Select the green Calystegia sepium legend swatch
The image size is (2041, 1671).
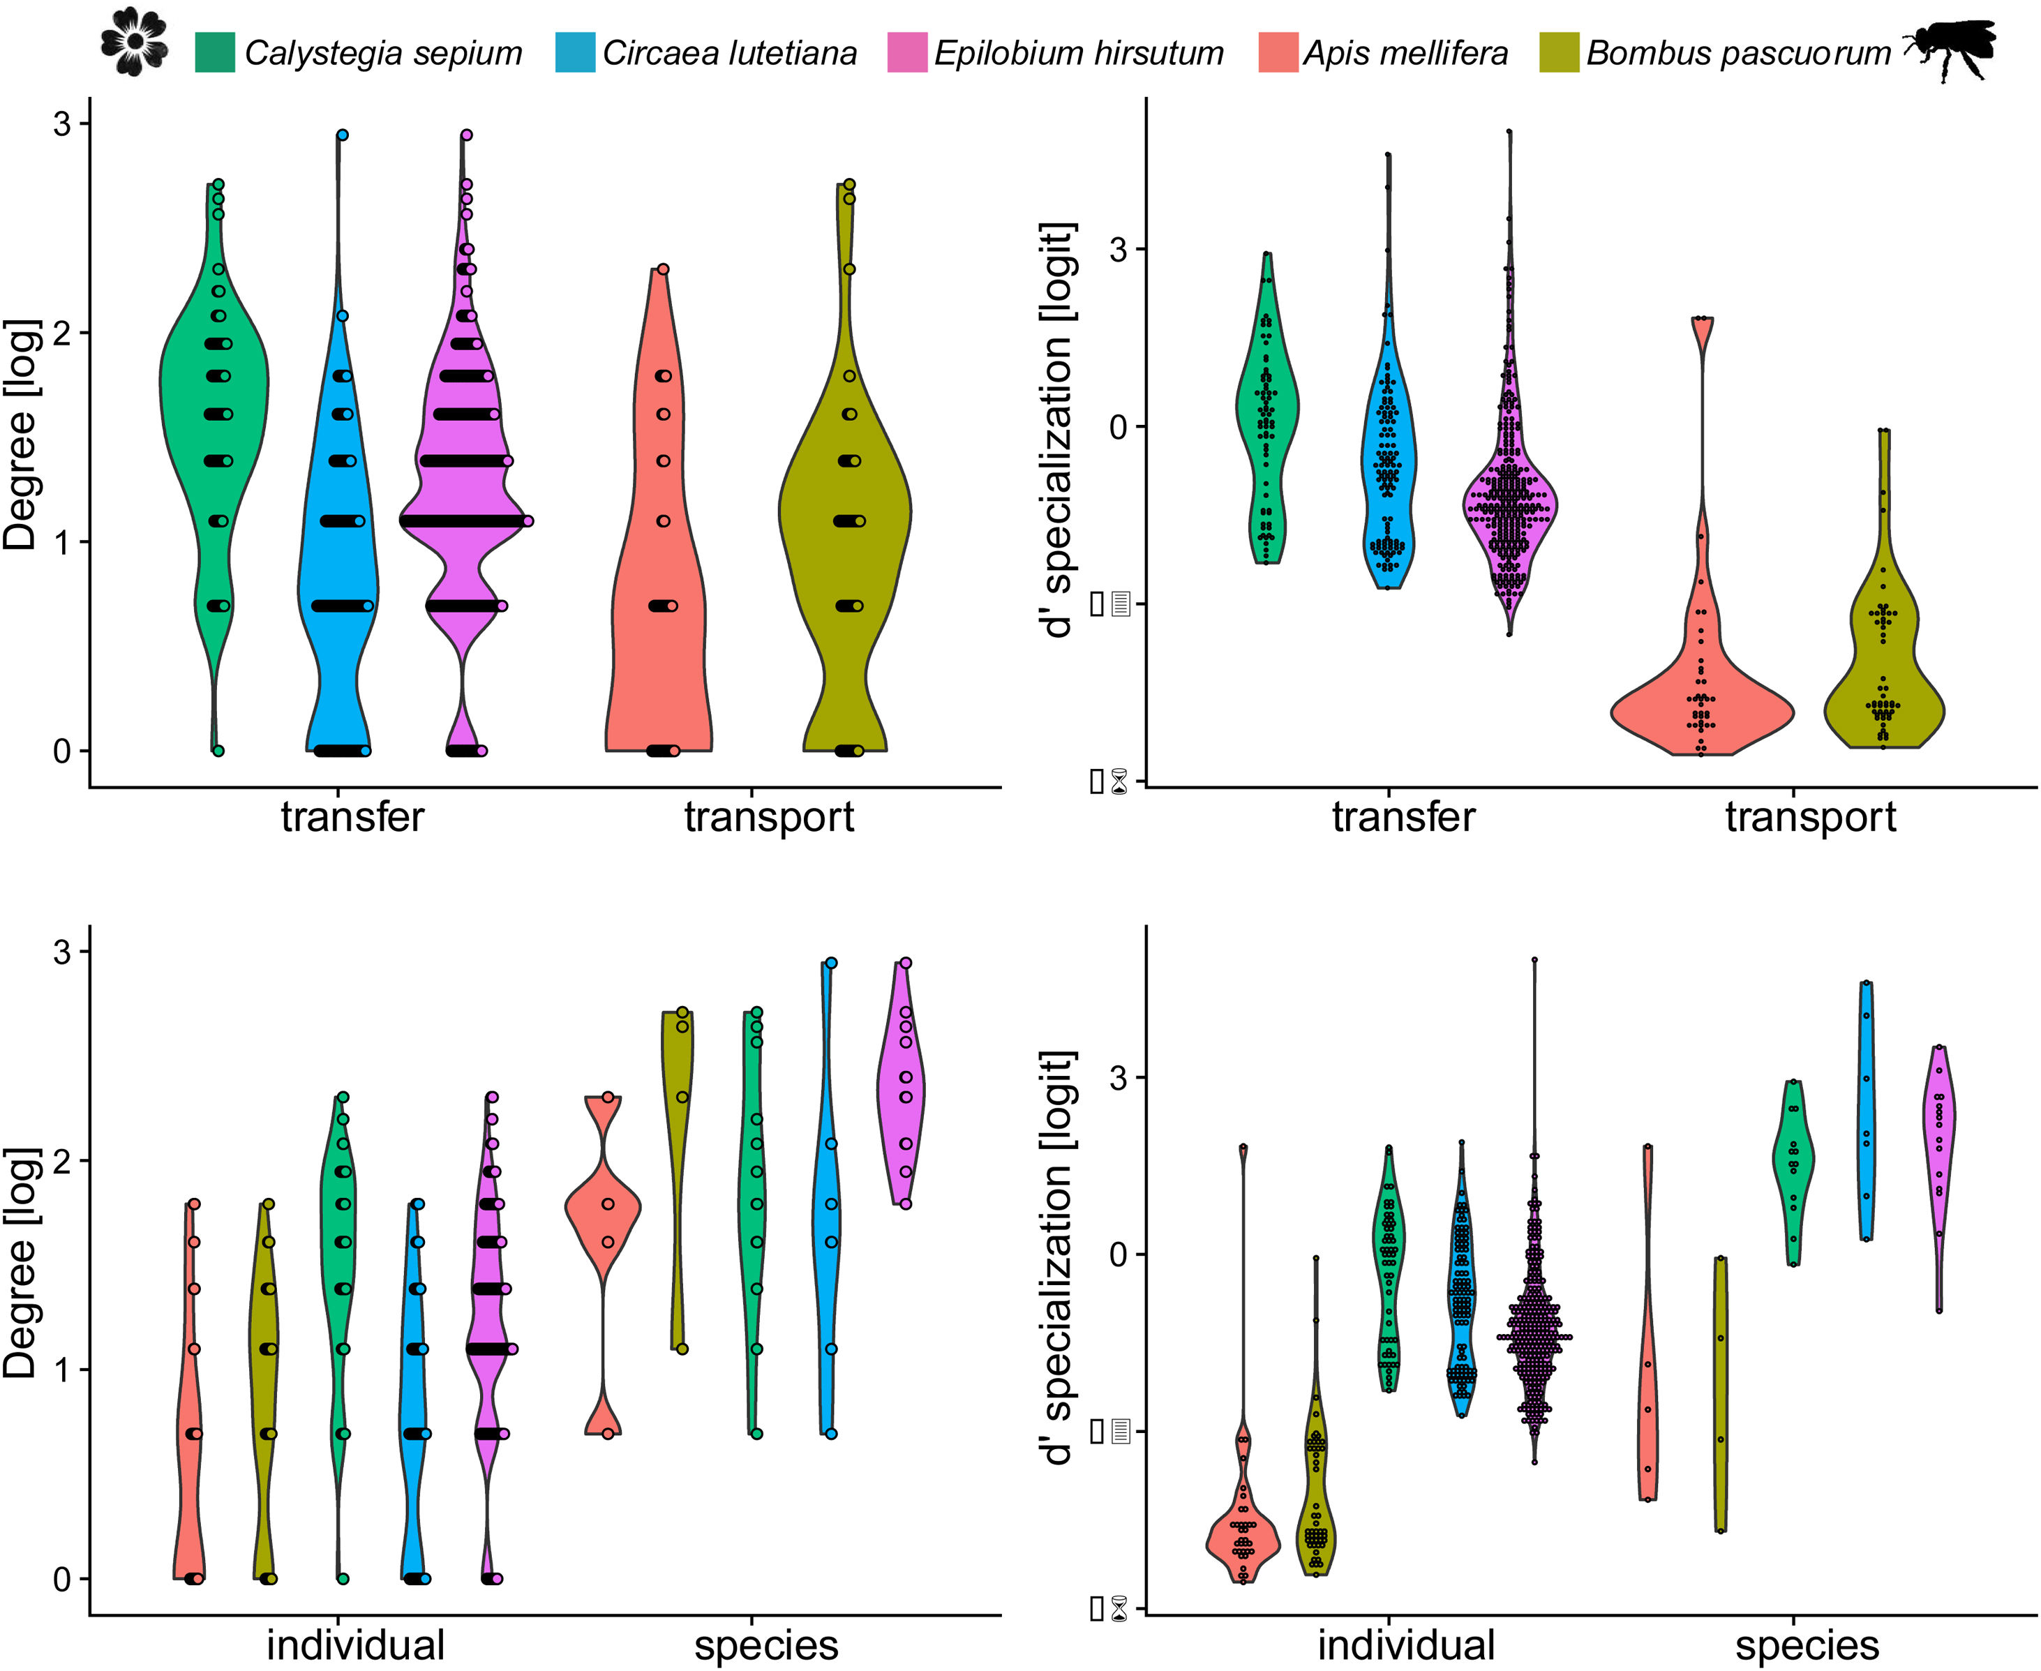[215, 52]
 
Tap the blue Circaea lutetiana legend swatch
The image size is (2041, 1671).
[575, 52]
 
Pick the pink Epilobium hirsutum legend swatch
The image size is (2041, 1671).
[906, 52]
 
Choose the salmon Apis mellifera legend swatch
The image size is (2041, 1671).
[1278, 52]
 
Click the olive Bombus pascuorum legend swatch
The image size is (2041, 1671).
[1559, 52]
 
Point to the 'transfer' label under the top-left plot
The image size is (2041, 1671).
[352, 817]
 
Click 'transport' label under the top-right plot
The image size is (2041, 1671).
[1810, 817]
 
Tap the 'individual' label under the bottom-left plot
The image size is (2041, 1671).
[355, 1644]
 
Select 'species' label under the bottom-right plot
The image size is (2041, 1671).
[1807, 1644]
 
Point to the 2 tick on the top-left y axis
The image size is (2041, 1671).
[63, 333]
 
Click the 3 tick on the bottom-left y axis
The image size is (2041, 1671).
[63, 952]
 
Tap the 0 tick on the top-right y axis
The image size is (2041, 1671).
[1119, 426]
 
